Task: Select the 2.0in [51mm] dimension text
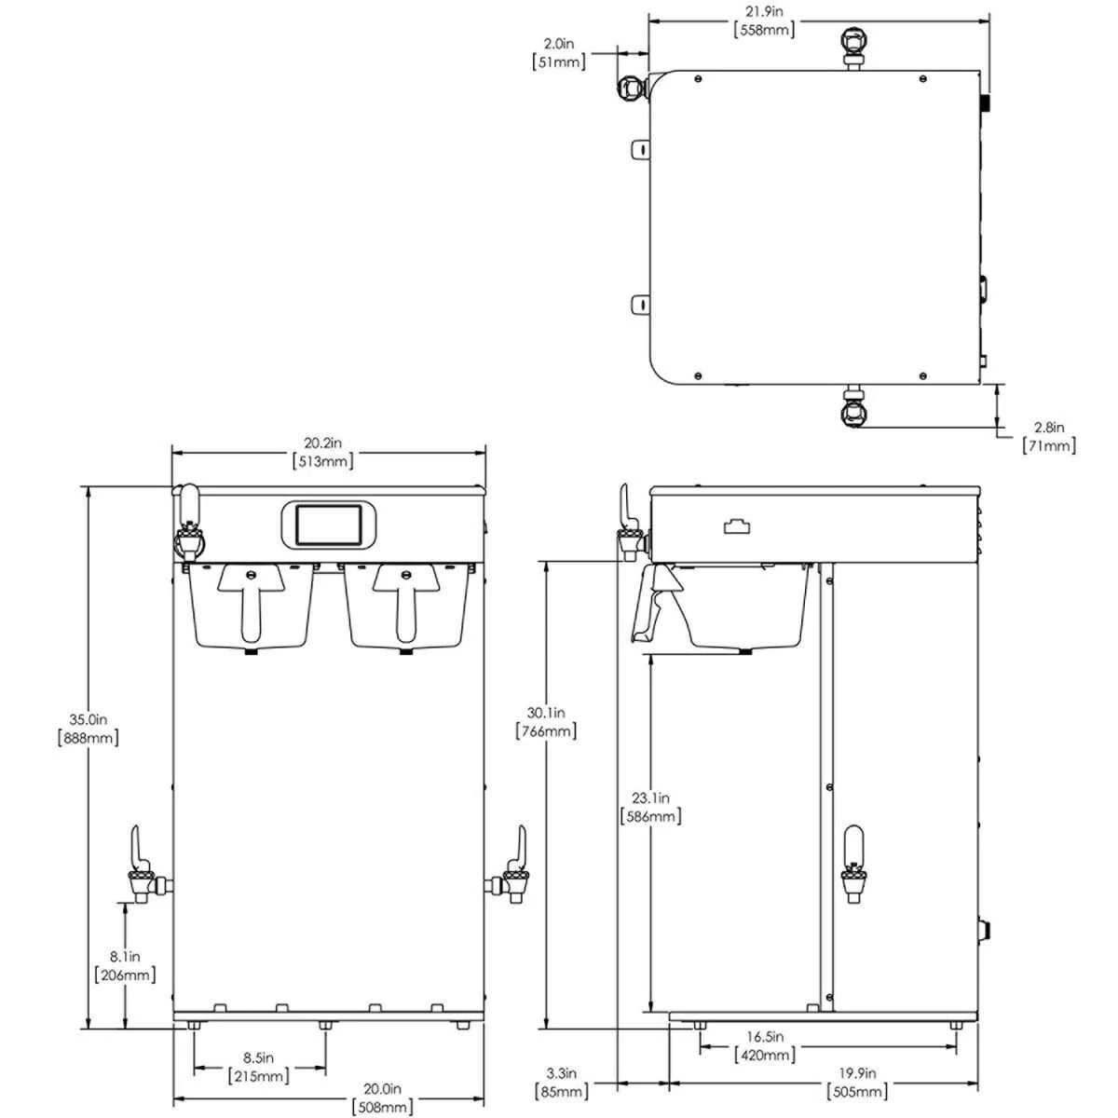coord(559,53)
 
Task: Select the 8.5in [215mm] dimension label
coord(259,1067)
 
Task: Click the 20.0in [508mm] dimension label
coord(383,1098)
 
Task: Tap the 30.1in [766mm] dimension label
coord(546,722)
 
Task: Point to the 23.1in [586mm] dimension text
coord(650,808)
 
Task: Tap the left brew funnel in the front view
coord(252,604)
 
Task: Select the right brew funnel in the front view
coord(406,604)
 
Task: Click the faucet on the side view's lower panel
coord(852,864)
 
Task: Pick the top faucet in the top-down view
coord(853,44)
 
